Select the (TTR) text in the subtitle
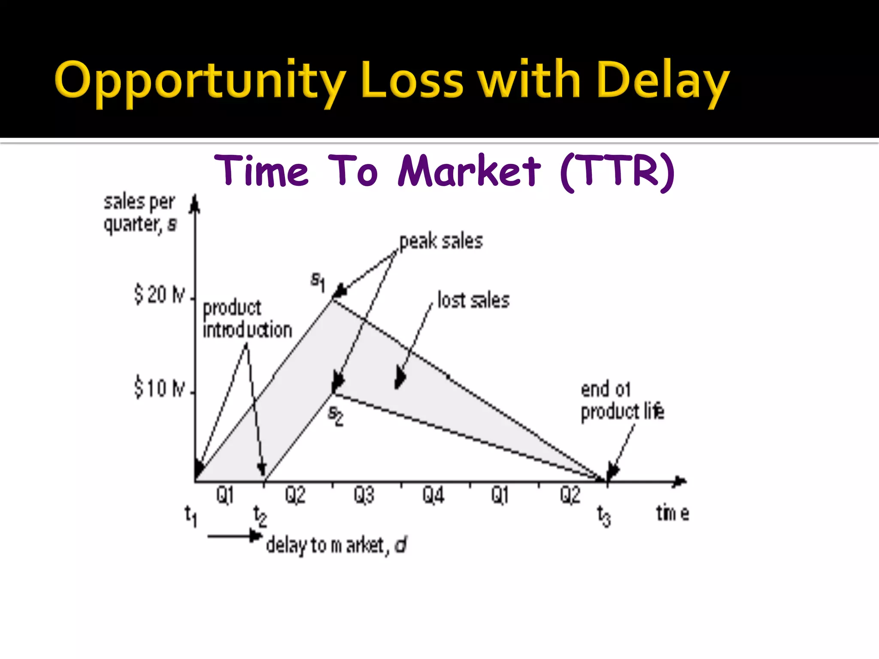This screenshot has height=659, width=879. tap(617, 172)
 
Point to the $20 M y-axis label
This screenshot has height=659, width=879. tap(159, 295)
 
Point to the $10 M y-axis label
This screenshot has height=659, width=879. tap(159, 388)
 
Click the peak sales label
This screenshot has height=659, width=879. tap(441, 242)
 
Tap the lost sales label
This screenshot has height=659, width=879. tap(473, 300)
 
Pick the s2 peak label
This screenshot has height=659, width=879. tap(336, 415)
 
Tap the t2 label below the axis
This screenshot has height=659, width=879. tap(260, 515)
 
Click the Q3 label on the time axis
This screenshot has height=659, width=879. tap(364, 495)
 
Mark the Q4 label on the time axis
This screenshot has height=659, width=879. tap(433, 495)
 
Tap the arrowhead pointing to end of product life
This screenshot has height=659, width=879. tap(612, 472)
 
